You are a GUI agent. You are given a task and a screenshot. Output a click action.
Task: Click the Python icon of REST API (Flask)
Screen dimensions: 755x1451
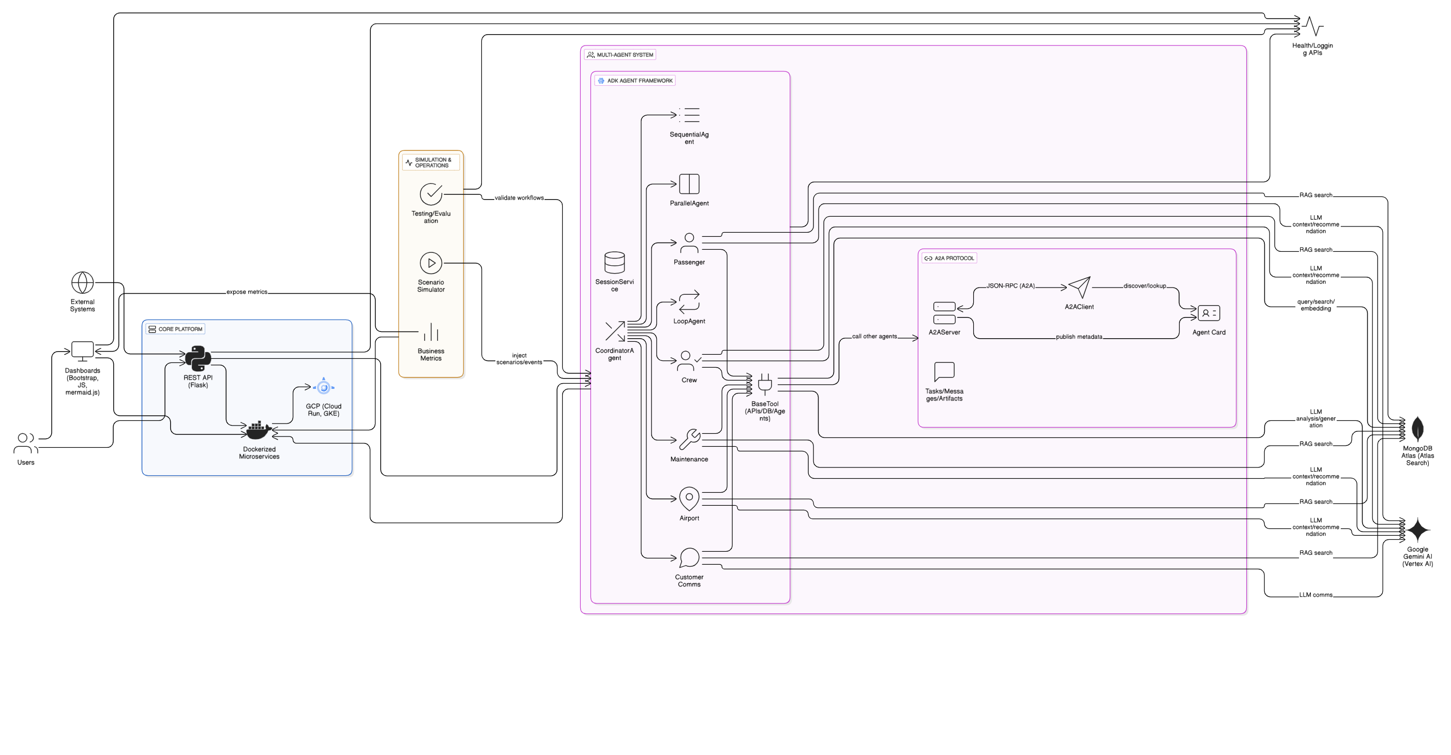pos(198,358)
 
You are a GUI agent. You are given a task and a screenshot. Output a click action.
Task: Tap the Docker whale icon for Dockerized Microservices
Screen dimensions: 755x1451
pos(258,430)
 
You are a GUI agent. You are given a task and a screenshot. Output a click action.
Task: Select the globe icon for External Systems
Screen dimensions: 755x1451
pos(82,283)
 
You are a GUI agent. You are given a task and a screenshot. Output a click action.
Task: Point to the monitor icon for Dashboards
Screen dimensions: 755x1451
pos(82,351)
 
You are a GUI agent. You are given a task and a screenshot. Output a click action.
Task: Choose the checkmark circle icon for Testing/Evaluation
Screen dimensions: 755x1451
pos(431,194)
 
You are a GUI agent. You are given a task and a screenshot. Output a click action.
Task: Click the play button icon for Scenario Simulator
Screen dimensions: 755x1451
pos(431,263)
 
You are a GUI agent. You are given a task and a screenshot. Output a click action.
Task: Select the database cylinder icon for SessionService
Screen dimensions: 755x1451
pos(614,263)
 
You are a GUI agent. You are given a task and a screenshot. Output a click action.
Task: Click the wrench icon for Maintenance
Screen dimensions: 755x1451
pos(689,440)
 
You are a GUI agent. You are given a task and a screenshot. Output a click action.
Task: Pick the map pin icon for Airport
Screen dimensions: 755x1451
pos(689,499)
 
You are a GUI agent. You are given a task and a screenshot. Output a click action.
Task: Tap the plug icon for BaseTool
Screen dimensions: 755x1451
pos(764,384)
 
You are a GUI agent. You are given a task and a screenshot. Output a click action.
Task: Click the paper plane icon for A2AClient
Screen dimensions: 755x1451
pos(1079,288)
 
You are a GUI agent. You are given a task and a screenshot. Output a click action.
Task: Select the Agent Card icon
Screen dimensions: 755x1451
pos(1209,313)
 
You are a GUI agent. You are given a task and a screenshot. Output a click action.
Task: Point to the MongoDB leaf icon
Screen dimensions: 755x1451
pos(1417,429)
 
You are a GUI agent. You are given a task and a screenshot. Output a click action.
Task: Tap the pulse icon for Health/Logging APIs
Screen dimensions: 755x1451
pos(1312,26)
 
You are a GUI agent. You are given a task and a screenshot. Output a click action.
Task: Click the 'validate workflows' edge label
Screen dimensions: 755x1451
pos(519,198)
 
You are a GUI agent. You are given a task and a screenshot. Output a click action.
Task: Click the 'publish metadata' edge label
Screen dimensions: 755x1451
pos(1079,337)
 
